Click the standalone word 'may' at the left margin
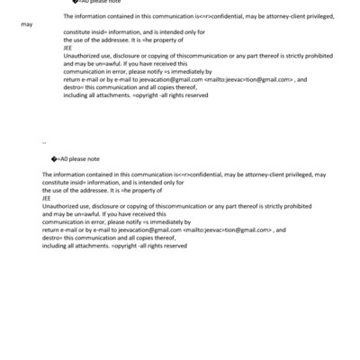[26, 24]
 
